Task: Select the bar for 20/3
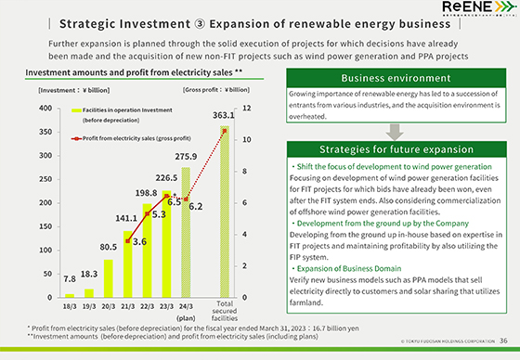pos(108,278)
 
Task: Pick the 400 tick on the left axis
pos(45,109)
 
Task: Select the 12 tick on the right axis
pos(246,109)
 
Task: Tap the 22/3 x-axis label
pos(147,304)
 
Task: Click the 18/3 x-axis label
pos(69,304)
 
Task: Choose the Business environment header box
pos(395,78)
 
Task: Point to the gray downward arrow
pos(396,129)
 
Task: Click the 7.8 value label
pos(69,279)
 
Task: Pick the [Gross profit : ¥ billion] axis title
pos(216,91)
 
